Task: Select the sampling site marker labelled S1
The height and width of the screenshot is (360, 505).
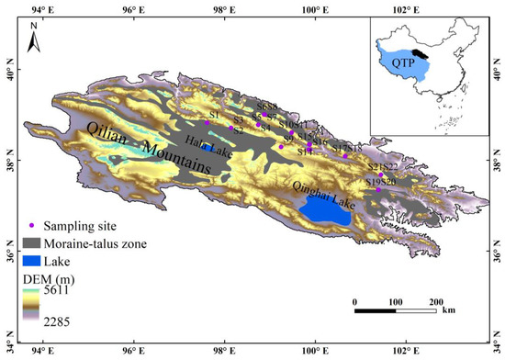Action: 208,122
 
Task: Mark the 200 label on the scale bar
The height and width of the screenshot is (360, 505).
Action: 436,300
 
